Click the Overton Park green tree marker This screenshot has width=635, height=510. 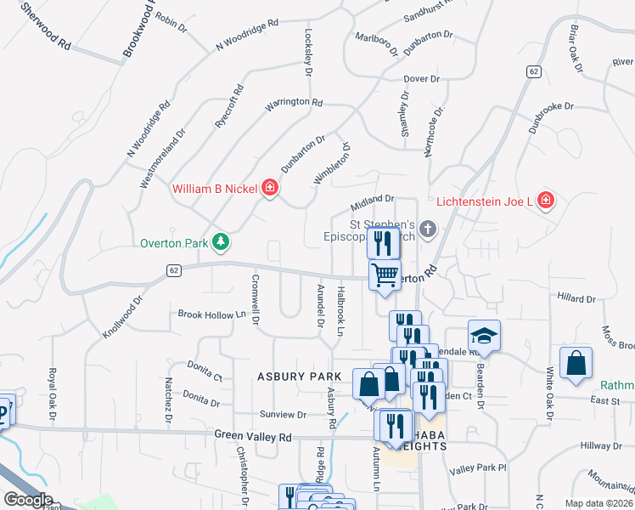pos(221,243)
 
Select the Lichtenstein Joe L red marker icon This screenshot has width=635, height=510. pos(545,201)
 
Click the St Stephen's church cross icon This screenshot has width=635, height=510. pos(428,229)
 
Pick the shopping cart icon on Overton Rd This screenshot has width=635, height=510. pos(385,275)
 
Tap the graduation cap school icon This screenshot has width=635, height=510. pos(484,335)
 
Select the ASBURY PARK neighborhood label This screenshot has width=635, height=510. pos(293,376)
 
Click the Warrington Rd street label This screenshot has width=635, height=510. pos(294,103)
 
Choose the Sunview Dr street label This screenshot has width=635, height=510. pos(283,415)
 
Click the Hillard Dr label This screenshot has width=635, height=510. pos(576,298)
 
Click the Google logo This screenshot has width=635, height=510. pos(27,500)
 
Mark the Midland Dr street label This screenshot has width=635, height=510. pos(374,203)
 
